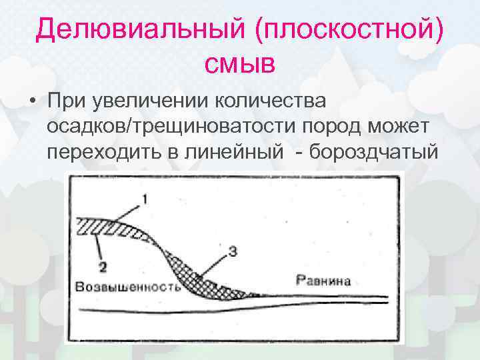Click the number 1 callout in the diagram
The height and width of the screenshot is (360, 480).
point(146,199)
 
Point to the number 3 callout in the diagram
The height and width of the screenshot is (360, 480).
point(232,252)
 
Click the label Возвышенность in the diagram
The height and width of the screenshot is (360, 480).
point(129,287)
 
